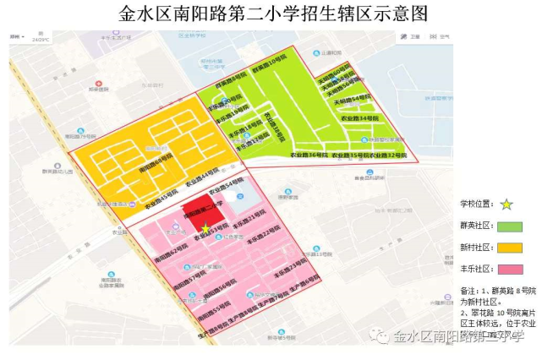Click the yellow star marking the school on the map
point(205,226)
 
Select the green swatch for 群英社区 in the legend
point(510,226)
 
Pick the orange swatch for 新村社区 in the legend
point(510,248)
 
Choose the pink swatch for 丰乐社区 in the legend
point(510,269)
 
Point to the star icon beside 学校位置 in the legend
point(506,204)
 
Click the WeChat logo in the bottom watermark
point(384,337)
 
